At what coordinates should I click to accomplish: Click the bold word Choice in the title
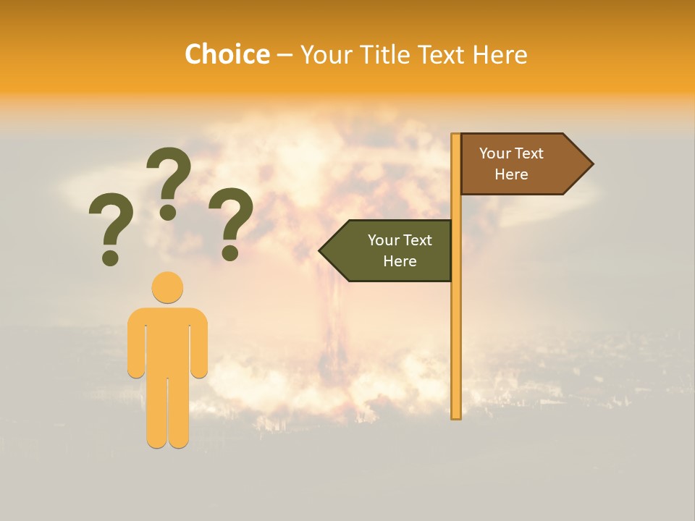pyautogui.click(x=227, y=54)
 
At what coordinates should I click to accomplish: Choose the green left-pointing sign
pyautogui.click(x=392, y=250)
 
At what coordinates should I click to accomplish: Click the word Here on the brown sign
pyautogui.click(x=511, y=174)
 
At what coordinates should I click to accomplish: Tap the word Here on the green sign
pyautogui.click(x=400, y=261)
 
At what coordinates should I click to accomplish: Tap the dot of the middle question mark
pyautogui.click(x=168, y=212)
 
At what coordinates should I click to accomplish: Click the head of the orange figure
pyautogui.click(x=167, y=287)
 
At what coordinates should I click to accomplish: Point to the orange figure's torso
pyautogui.click(x=167, y=340)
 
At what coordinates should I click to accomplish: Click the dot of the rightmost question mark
pyautogui.click(x=230, y=253)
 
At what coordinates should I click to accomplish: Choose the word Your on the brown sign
pyautogui.click(x=495, y=153)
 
